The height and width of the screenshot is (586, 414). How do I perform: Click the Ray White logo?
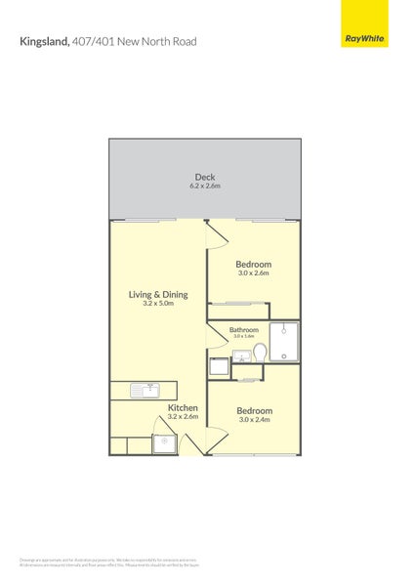click(x=364, y=38)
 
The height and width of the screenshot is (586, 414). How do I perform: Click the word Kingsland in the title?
click(x=44, y=42)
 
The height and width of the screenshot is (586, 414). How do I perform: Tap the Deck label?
click(x=204, y=177)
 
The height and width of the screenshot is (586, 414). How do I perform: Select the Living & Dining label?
click(x=158, y=294)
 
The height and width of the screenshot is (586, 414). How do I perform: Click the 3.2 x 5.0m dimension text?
click(x=158, y=304)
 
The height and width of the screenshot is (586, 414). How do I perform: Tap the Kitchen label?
click(x=183, y=407)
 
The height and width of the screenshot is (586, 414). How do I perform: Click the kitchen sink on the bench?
click(x=149, y=390)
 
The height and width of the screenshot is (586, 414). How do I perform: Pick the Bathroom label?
click(x=244, y=330)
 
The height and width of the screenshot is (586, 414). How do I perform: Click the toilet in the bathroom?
click(x=260, y=351)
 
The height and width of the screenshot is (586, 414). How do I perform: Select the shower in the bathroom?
click(x=283, y=341)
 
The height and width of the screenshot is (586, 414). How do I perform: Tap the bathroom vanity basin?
click(x=240, y=356)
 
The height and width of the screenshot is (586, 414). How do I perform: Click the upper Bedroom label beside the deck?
click(x=254, y=264)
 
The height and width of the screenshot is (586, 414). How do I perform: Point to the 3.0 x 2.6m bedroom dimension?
click(x=254, y=273)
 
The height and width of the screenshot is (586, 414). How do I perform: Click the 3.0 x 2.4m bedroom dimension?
click(x=254, y=420)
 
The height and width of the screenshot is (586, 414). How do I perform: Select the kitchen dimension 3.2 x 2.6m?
click(x=183, y=417)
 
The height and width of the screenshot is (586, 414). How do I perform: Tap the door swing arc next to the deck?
click(x=215, y=234)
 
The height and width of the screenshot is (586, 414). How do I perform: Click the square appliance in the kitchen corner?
click(x=164, y=444)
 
